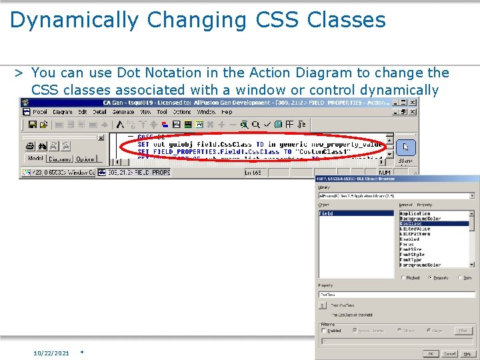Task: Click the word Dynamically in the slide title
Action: click(x=73, y=20)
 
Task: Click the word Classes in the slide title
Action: click(x=346, y=20)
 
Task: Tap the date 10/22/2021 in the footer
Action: click(x=51, y=353)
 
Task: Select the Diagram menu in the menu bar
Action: click(x=62, y=112)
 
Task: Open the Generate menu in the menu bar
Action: click(x=123, y=112)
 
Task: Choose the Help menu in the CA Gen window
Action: click(x=227, y=112)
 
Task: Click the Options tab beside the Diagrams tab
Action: click(x=85, y=159)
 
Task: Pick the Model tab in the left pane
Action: click(x=35, y=159)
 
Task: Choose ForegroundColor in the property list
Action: click(x=420, y=265)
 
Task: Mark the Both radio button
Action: click(x=461, y=277)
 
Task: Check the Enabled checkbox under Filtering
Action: click(x=324, y=331)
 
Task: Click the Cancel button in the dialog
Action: click(x=450, y=353)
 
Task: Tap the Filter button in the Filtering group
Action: click(x=463, y=331)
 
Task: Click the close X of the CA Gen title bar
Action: click(x=413, y=103)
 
